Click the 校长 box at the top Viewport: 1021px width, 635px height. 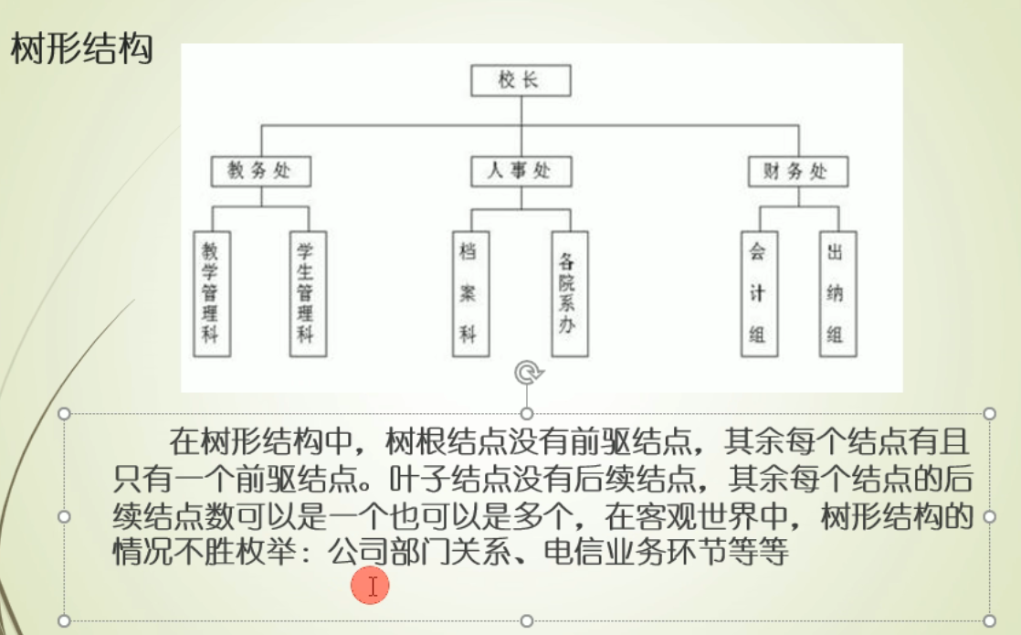521,80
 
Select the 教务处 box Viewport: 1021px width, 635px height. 260,171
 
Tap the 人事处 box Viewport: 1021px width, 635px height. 521,171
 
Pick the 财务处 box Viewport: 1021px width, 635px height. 798,171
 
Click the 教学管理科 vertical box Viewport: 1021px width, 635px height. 212,293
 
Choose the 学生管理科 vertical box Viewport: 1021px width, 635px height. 308,293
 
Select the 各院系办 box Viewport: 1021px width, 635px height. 569,293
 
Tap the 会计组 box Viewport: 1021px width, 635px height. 757,293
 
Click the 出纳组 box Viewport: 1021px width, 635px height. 836,293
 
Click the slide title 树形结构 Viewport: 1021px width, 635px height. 80,49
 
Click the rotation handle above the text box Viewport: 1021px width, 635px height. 527,372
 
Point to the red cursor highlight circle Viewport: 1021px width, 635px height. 372,586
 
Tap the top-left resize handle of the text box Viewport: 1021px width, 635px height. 64,413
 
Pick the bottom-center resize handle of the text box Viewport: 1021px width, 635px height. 527,621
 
